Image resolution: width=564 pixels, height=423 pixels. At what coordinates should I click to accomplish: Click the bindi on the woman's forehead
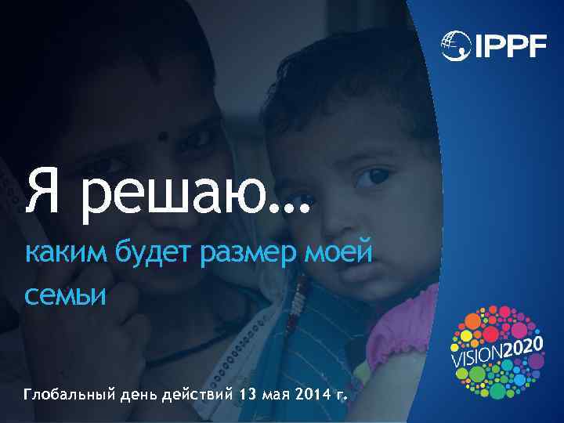[x=163, y=136]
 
